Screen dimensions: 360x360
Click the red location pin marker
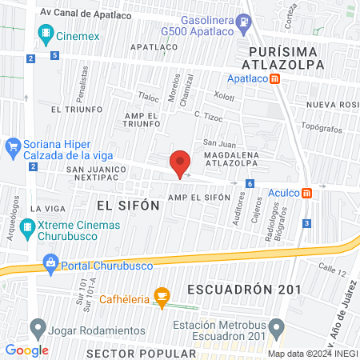[x=180, y=163]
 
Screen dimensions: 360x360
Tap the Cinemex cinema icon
[x=44, y=35]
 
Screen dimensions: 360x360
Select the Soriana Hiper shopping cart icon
[x=12, y=147]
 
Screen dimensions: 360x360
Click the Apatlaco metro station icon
[x=275, y=79]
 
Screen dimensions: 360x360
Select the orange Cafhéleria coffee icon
[x=162, y=297]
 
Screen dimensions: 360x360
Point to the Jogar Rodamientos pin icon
[x=37, y=327]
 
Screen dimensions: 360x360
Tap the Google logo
[x=26, y=350]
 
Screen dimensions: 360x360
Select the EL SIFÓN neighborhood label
[x=128, y=206]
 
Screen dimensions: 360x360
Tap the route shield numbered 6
[x=250, y=184]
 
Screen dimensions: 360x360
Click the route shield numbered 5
[x=54, y=56]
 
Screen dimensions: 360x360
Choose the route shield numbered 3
[x=307, y=223]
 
